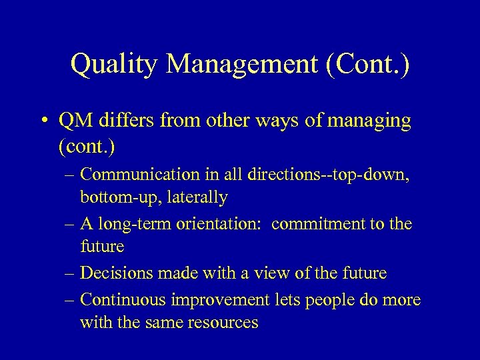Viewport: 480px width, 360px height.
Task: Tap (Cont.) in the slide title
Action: [x=371, y=65]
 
